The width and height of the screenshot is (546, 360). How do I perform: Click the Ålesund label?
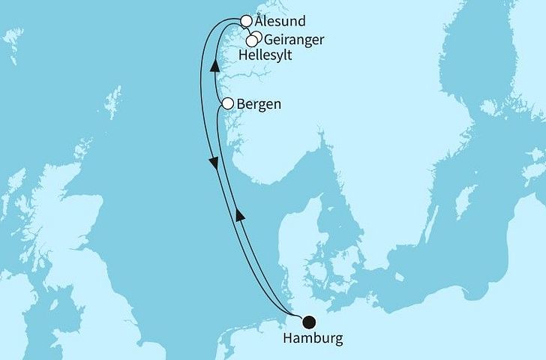coord(280,22)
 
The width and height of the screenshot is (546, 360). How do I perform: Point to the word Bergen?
coord(259,104)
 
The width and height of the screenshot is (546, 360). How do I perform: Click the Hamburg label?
coord(313,339)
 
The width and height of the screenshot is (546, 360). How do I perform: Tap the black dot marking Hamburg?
coord(308,322)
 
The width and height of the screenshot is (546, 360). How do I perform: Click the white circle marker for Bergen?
coord(227,104)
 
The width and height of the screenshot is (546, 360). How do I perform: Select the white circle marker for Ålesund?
coord(246,21)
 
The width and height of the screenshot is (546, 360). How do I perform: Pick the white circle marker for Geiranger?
coord(256,37)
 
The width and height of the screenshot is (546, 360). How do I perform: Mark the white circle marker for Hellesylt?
coord(252,41)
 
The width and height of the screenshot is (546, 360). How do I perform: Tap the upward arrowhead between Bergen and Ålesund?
coord(214,65)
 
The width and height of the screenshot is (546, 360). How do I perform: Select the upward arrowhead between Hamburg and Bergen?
coord(240,216)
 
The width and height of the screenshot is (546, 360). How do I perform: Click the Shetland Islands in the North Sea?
coord(115,101)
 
